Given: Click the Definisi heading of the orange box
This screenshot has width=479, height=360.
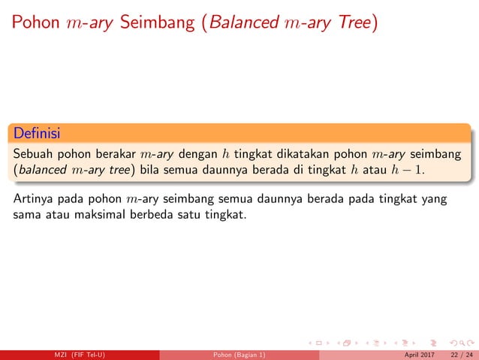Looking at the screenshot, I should point(37,133).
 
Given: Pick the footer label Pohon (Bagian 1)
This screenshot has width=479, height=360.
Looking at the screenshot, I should point(239,355).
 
